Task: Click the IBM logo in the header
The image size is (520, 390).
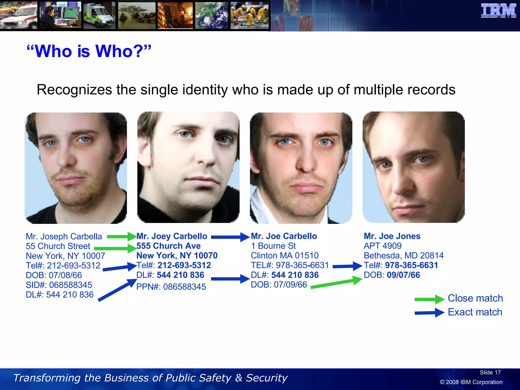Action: click(498, 11)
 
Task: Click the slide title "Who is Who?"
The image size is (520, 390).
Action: click(89, 51)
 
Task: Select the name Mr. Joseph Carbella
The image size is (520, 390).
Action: click(64, 236)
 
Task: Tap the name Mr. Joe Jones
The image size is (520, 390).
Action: click(392, 236)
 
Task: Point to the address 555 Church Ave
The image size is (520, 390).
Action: click(168, 246)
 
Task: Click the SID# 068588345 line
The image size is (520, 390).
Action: click(59, 285)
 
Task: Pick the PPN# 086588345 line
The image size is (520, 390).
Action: click(171, 287)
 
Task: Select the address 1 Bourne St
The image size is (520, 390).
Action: click(273, 246)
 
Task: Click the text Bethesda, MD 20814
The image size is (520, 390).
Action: click(403, 255)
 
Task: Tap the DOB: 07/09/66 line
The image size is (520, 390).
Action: click(279, 285)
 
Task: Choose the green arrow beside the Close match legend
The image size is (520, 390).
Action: click(429, 299)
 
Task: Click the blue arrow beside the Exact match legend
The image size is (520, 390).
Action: click(429, 313)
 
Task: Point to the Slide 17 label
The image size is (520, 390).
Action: click(490, 372)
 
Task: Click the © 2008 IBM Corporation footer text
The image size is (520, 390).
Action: click(471, 382)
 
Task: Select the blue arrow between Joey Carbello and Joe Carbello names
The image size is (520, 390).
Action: click(230, 237)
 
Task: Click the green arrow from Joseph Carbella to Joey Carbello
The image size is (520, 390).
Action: click(121, 237)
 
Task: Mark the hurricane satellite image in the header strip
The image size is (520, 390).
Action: click(212, 15)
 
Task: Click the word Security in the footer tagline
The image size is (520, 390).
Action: click(267, 378)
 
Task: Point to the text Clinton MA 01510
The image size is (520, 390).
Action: click(285, 255)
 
